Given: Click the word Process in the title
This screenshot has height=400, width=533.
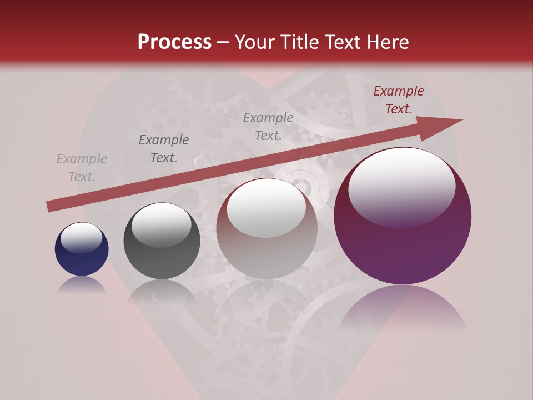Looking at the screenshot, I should point(174,42).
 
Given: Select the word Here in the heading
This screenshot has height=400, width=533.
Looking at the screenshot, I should point(387,42).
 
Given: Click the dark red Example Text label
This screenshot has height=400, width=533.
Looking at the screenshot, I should point(399,100).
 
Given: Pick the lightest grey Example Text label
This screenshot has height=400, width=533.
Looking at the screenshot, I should point(82,168).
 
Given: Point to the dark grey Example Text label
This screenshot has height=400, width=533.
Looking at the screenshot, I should point(164,149).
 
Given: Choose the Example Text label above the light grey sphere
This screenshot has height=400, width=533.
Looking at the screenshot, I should point(268,126).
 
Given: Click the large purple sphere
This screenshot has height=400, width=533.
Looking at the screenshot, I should point(403,250).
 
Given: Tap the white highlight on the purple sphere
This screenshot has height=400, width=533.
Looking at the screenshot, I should point(402,187).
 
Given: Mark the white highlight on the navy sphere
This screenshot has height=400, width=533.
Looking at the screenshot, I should point(82,238).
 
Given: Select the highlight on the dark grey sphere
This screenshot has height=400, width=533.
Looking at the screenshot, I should point(162,224).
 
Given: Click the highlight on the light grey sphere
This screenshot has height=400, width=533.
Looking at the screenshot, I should point(266,208).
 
